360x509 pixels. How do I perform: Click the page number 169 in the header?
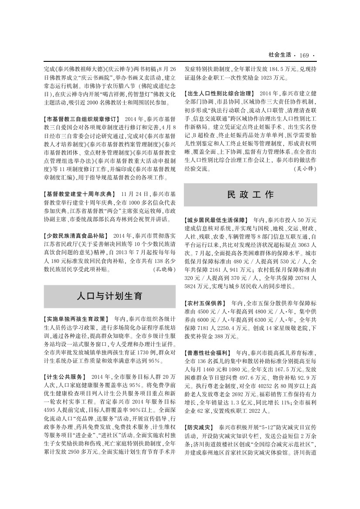[x=304, y=55]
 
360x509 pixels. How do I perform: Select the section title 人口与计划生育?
[x=109, y=297]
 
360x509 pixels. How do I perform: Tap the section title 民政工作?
[x=250, y=195]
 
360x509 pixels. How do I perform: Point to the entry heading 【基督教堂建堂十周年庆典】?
[x=79, y=194]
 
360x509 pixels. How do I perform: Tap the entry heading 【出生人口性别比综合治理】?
[x=219, y=94]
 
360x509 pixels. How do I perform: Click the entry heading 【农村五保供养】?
[x=205, y=303]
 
